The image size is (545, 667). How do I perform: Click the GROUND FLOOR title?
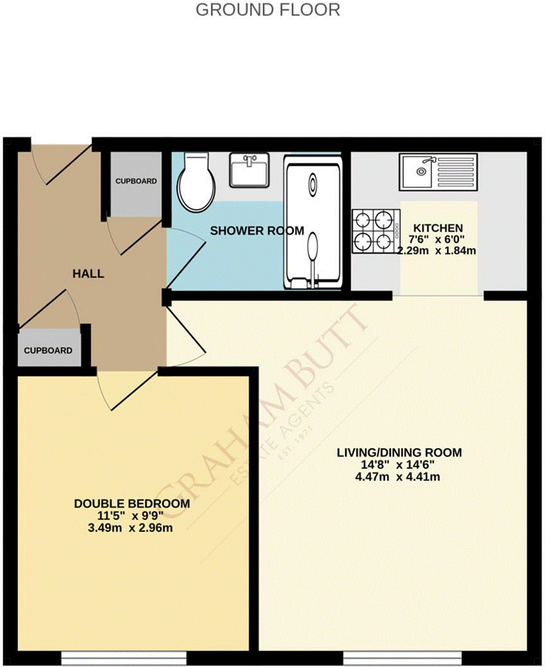pyautogui.click(x=267, y=10)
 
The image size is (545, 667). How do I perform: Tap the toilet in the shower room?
pyautogui.click(x=197, y=183)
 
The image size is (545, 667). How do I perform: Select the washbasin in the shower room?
pyautogui.click(x=249, y=170)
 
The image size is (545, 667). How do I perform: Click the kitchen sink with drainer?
pyautogui.click(x=438, y=172)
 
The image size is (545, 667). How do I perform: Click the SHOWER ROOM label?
pyautogui.click(x=257, y=231)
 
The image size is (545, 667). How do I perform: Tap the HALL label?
pyautogui.click(x=88, y=274)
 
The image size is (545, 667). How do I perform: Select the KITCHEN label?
pyautogui.click(x=438, y=228)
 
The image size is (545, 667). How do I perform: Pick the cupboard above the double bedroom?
pyautogui.click(x=48, y=350)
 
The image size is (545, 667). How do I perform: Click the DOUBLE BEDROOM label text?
pyautogui.click(x=132, y=504)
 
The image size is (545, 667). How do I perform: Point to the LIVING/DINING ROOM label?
pyautogui.click(x=399, y=452)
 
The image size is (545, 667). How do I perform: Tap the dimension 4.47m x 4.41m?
pyautogui.click(x=399, y=477)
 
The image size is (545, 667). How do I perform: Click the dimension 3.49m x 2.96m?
pyautogui.click(x=132, y=528)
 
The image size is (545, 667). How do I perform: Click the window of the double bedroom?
pyautogui.click(x=124, y=659)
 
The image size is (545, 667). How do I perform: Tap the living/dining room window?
pyautogui.click(x=402, y=659)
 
